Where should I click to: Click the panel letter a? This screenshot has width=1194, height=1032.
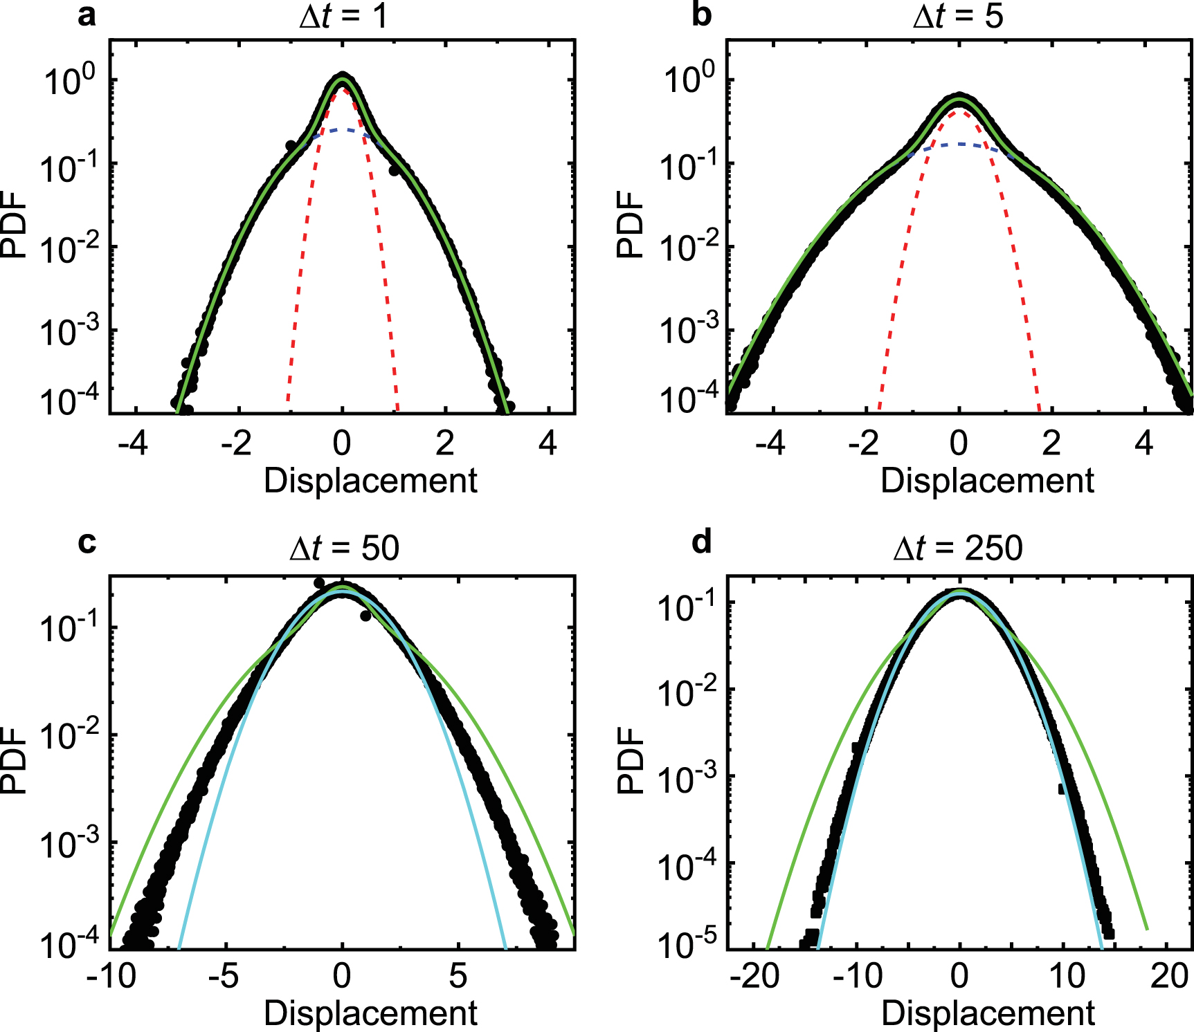tap(87, 15)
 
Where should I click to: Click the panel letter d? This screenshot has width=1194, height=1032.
tap(701, 542)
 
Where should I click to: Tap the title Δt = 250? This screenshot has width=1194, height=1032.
tap(958, 549)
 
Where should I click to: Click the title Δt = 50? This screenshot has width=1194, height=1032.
tap(344, 549)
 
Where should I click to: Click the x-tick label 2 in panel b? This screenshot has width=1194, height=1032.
tap(1051, 443)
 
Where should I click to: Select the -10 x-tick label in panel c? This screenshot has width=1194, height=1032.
tap(111, 976)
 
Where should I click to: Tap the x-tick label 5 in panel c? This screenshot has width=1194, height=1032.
tap(458, 976)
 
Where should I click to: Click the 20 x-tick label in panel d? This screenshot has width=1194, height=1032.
tap(1169, 976)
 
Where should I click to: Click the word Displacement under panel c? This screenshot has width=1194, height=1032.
tap(370, 1013)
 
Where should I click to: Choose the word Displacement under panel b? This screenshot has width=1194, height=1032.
tap(987, 481)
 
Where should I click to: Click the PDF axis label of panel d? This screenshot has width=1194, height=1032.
tap(631, 759)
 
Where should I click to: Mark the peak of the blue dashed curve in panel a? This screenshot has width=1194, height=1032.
tap(342, 129)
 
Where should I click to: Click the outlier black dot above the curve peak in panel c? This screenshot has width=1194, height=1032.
tap(319, 583)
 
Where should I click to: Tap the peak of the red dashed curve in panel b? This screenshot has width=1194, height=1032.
tap(959, 111)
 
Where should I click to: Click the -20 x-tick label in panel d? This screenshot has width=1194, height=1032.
tap(755, 976)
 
